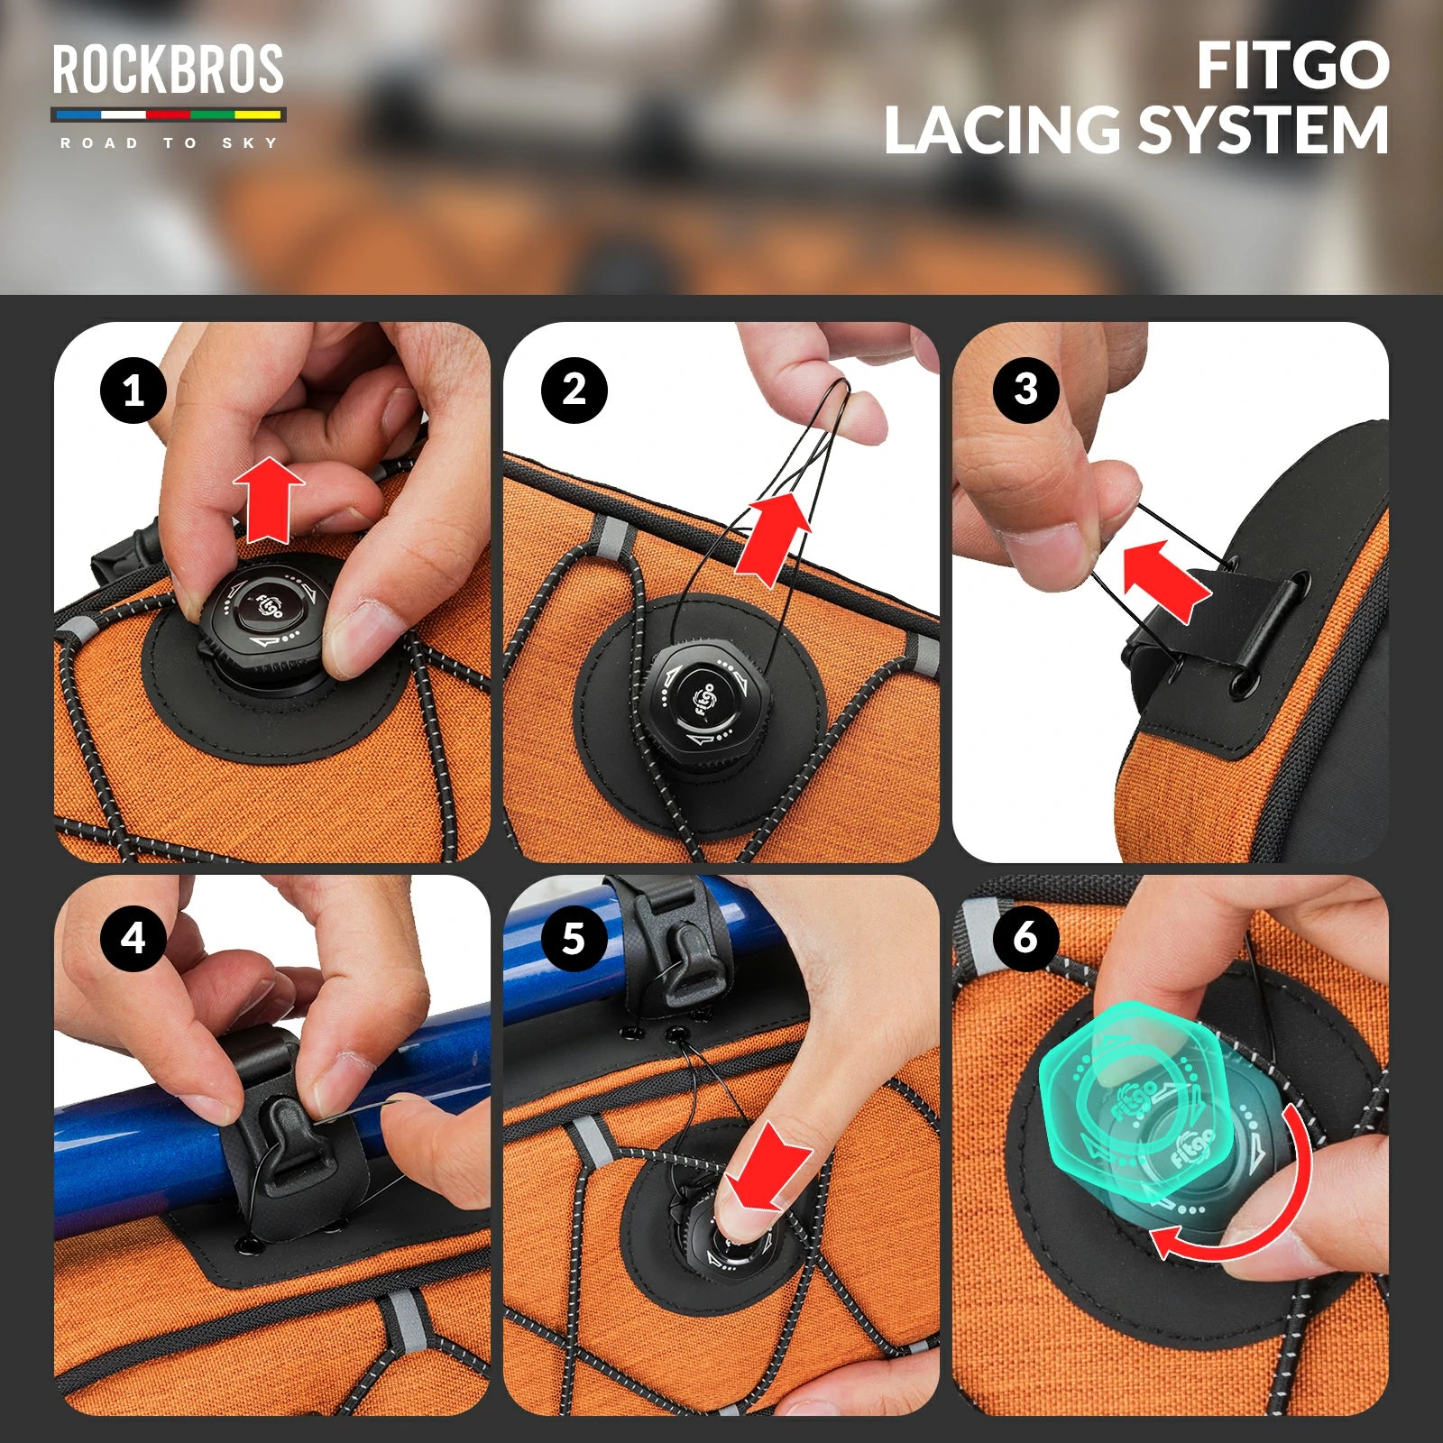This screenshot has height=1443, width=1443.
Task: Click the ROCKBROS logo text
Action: click(169, 69)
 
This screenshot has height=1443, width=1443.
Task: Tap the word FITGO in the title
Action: click(1293, 66)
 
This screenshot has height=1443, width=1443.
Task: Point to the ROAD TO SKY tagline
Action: click(169, 142)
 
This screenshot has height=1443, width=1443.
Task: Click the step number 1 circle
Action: click(133, 391)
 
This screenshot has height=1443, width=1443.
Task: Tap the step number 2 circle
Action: click(574, 391)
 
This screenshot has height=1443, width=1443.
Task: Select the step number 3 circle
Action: click(1026, 391)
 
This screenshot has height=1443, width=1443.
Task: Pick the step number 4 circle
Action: click(133, 938)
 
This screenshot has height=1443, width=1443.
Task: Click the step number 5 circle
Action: click(574, 938)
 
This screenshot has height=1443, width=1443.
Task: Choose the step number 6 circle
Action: click(1026, 938)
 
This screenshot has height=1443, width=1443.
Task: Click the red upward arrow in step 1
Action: click(269, 500)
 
